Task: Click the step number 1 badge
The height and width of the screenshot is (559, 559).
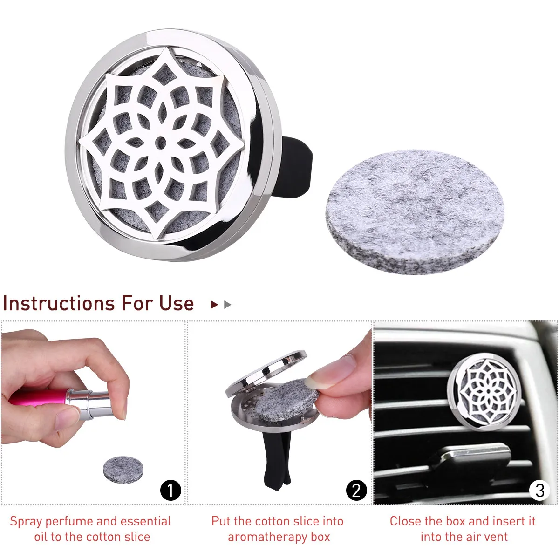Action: coord(170,490)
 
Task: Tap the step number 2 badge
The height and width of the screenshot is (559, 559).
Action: coord(356,490)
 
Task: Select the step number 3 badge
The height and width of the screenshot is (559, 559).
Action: coord(539,490)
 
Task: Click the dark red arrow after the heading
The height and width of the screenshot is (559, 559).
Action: coord(214,305)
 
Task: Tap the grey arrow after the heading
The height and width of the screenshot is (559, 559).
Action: coord(227,305)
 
